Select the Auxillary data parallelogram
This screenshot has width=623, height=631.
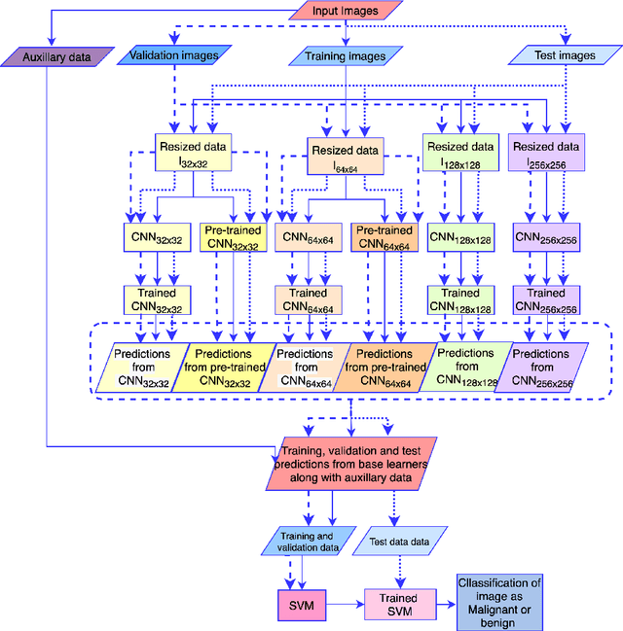click(57, 57)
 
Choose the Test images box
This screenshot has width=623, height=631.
click(564, 55)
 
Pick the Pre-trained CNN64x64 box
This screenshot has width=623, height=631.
click(383, 237)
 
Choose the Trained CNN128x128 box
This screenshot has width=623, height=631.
click(460, 299)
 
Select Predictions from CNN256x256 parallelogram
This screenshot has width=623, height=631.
click(544, 368)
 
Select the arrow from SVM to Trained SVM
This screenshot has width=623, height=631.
click(347, 604)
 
